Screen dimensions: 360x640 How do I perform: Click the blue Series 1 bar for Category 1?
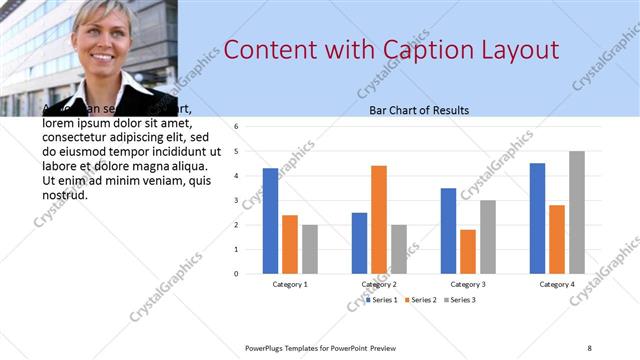click(270, 220)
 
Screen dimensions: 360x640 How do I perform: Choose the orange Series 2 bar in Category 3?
click(468, 251)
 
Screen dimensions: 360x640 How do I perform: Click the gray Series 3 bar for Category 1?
click(310, 249)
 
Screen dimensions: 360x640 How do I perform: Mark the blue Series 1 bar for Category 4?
click(538, 218)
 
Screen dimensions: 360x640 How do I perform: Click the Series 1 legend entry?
click(383, 300)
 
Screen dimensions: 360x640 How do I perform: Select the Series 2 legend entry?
click(423, 300)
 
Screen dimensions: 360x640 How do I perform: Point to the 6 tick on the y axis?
click(236, 127)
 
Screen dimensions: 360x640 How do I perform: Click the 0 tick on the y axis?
click(236, 273)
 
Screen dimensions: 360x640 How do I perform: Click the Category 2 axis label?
click(380, 285)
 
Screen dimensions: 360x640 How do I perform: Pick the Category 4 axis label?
click(558, 285)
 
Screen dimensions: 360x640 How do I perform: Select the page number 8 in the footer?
click(589, 348)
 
